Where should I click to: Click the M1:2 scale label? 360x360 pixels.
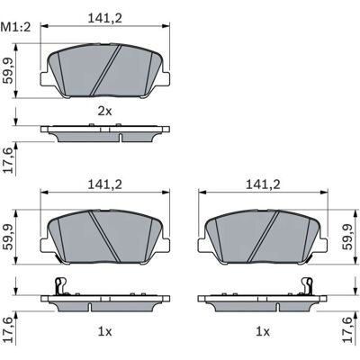16,28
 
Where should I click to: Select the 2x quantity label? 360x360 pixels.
104,112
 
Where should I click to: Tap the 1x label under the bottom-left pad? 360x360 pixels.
104,331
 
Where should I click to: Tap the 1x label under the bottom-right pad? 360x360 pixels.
263,331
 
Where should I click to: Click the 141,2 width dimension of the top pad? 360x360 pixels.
105,19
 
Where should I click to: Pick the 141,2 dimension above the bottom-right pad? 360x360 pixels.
263,184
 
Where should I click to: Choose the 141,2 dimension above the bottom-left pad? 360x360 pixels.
105,184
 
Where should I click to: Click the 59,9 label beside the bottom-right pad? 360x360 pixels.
348,237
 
